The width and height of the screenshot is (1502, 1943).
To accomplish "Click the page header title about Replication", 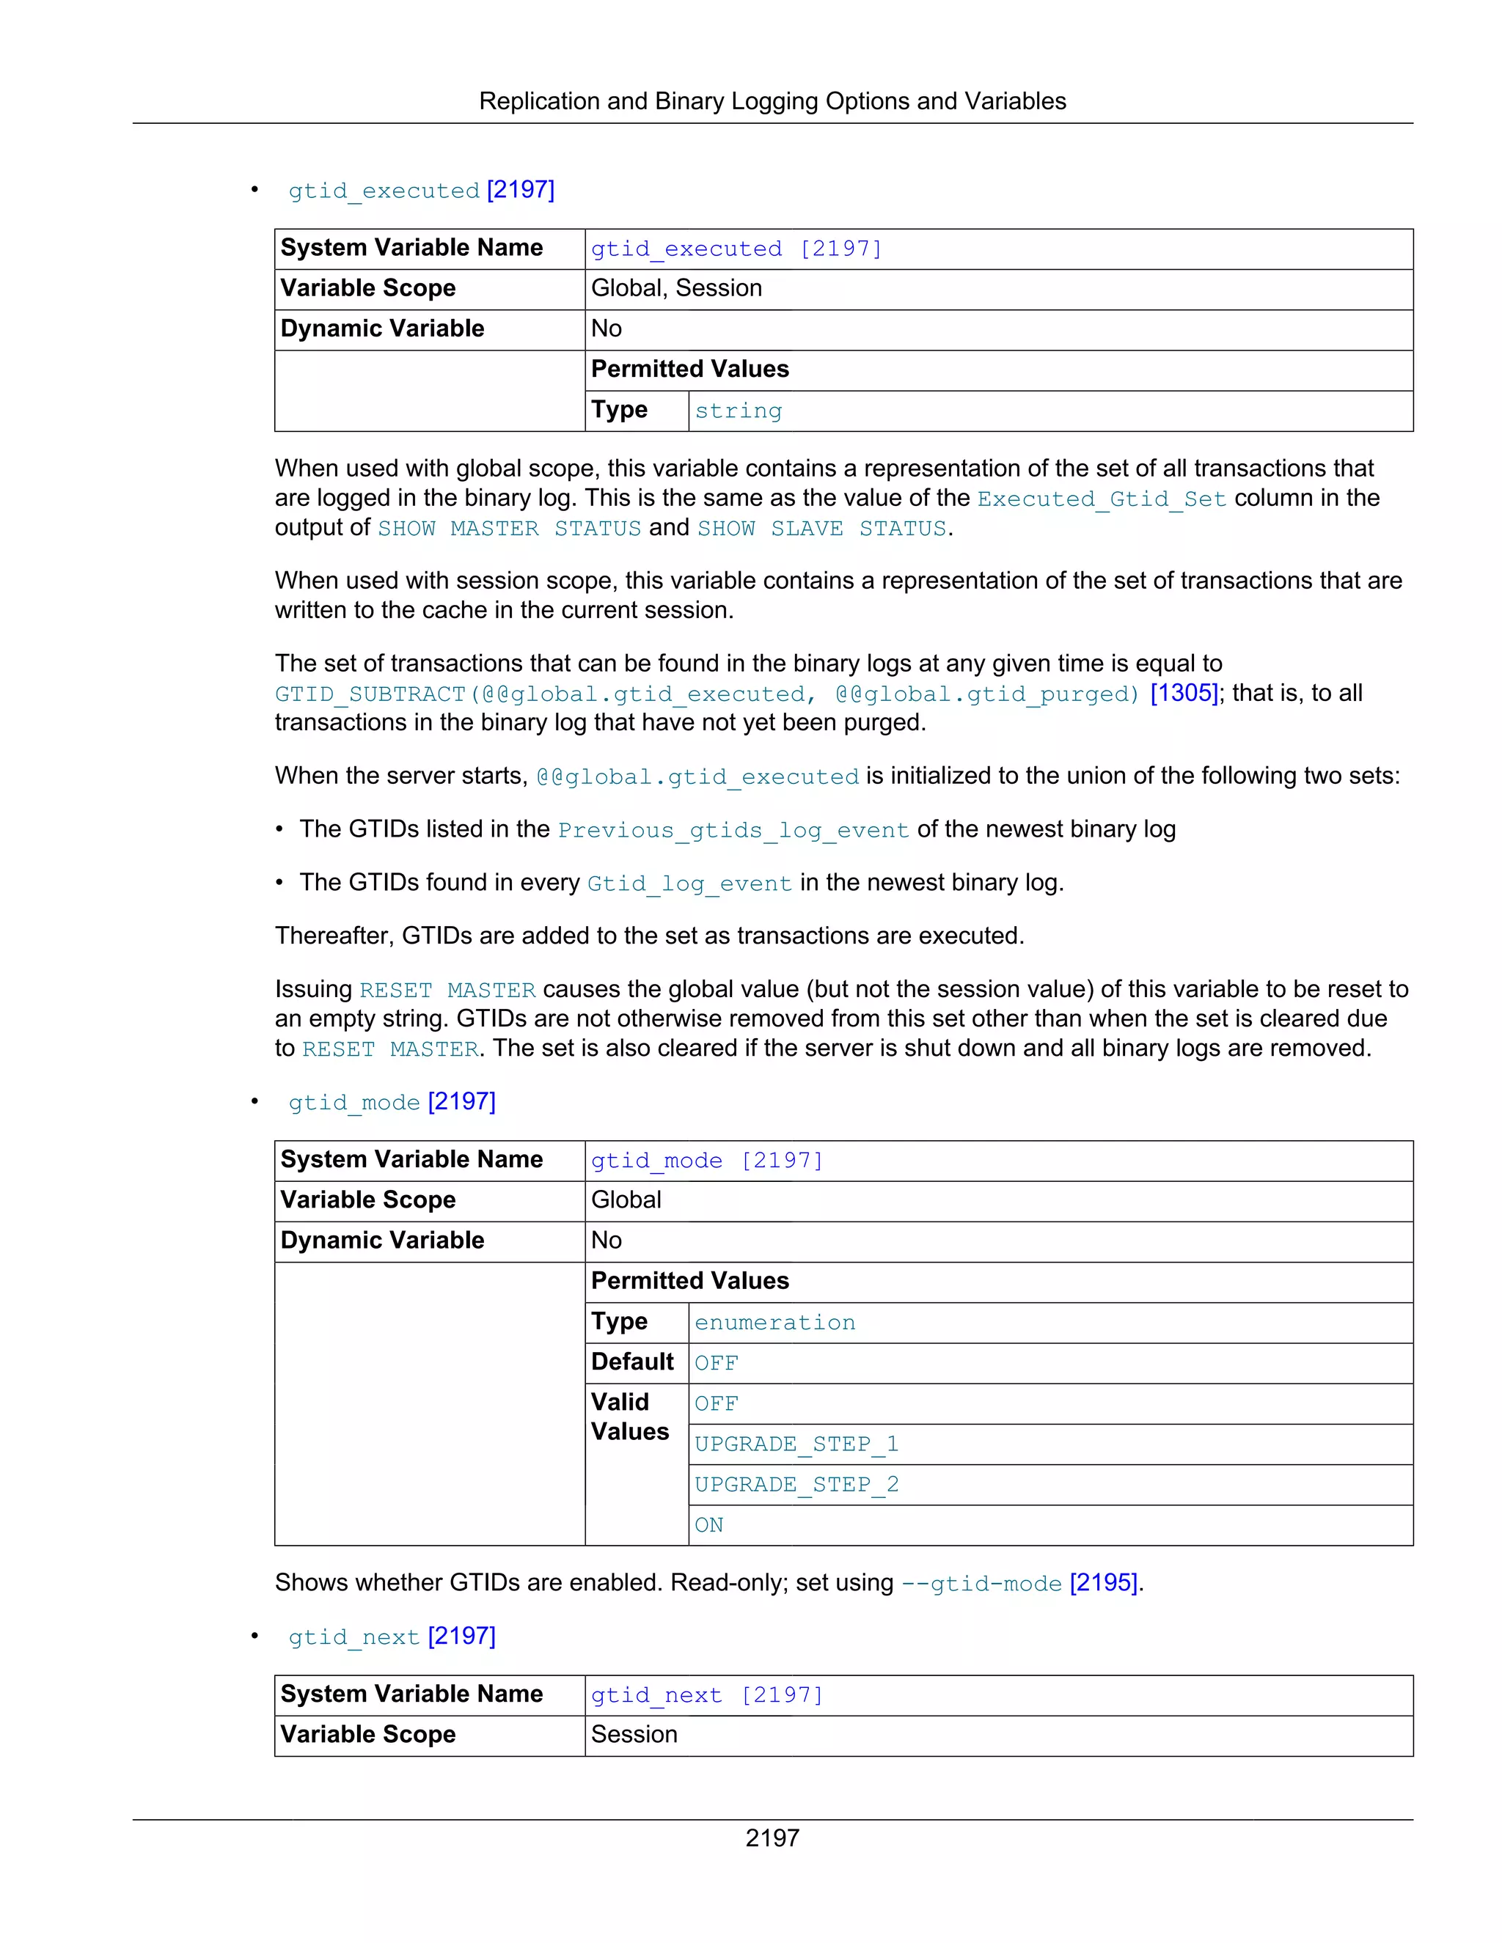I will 772,101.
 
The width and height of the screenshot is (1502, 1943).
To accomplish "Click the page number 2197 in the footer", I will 772,1837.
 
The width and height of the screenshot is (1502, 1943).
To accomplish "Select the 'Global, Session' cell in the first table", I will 676,288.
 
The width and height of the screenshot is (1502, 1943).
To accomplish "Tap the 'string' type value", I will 738,411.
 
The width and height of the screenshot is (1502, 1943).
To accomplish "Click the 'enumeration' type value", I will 774,1323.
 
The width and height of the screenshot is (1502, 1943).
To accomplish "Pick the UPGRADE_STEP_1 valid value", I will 796,1444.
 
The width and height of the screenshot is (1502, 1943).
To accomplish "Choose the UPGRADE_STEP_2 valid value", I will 796,1485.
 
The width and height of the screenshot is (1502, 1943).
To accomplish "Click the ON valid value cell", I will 709,1525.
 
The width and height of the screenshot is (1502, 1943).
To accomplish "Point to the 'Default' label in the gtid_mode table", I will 631,1362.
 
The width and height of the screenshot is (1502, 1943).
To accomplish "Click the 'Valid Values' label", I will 629,1417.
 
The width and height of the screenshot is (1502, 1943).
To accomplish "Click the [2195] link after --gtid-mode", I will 1103,1583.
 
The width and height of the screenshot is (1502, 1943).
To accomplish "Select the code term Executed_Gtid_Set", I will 1102,499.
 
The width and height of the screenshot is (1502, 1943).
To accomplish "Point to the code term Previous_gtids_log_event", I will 733,830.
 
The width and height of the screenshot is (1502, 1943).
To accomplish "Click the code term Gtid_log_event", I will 689,884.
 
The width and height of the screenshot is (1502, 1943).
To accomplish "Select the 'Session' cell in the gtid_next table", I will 634,1735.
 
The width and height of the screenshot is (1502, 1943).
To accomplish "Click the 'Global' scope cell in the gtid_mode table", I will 626,1200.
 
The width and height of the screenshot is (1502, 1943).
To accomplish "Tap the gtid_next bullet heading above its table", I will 392,1637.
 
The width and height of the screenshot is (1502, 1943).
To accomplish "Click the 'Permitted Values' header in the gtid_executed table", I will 689,370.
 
